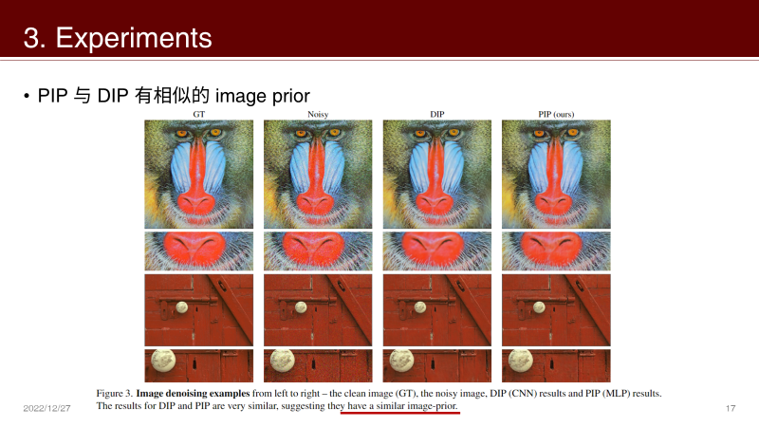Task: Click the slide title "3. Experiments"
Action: pyautogui.click(x=118, y=38)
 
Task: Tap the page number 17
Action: pyautogui.click(x=731, y=408)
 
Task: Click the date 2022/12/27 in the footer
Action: pyautogui.click(x=47, y=408)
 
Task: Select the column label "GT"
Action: pyautogui.click(x=198, y=115)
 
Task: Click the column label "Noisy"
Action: pyautogui.click(x=318, y=115)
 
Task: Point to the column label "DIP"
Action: pyautogui.click(x=436, y=115)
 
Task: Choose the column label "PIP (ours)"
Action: pyautogui.click(x=555, y=115)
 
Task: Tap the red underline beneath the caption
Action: pyautogui.click(x=399, y=414)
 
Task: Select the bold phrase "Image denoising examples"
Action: pyautogui.click(x=194, y=392)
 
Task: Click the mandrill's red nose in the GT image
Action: pyautogui.click(x=198, y=185)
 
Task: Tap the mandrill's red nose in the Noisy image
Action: pyautogui.click(x=318, y=185)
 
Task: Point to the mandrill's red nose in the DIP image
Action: pyautogui.click(x=436, y=185)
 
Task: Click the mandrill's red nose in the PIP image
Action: pyautogui.click(x=556, y=185)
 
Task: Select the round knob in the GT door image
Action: pyautogui.click(x=181, y=306)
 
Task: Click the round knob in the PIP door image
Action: pyautogui.click(x=539, y=306)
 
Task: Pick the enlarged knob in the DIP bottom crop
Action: pyautogui.click(x=400, y=362)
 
